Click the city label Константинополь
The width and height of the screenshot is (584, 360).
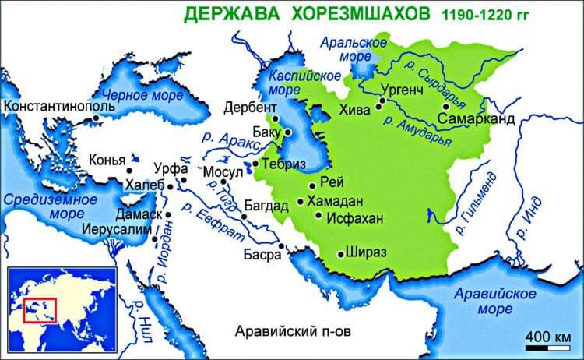click(47, 104)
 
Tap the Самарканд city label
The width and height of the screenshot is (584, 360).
click(477, 119)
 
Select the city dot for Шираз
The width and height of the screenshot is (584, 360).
click(339, 254)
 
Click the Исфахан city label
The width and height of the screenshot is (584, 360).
click(354, 220)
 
